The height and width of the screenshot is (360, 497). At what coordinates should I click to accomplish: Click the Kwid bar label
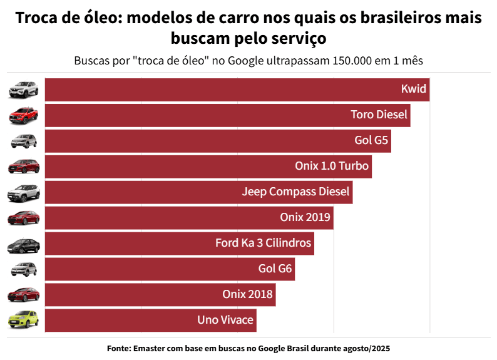click(414, 90)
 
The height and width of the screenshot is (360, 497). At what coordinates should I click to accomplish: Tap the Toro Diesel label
click(379, 115)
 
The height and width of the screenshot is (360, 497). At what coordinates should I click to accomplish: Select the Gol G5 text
click(372, 141)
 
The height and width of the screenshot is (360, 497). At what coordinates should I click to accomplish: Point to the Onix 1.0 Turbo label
click(332, 167)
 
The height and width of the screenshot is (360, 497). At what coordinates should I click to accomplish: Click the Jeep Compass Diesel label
click(296, 192)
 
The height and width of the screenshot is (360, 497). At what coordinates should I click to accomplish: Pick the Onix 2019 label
click(305, 218)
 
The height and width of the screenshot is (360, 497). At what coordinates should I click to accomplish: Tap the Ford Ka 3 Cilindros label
click(263, 244)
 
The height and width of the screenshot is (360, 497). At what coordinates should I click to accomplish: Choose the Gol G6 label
click(275, 269)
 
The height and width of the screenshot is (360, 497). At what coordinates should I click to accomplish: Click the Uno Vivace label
click(225, 321)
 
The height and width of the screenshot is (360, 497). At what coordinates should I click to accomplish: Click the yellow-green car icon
click(23, 320)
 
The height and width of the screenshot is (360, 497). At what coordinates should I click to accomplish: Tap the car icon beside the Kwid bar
click(23, 90)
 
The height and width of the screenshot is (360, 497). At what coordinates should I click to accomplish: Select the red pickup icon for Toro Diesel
click(23, 115)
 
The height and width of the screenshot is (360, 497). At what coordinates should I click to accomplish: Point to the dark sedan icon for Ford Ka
click(23, 244)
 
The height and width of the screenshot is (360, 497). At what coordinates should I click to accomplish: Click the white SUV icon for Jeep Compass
click(23, 192)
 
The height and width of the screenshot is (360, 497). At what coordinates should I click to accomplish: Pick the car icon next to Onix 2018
click(23, 295)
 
